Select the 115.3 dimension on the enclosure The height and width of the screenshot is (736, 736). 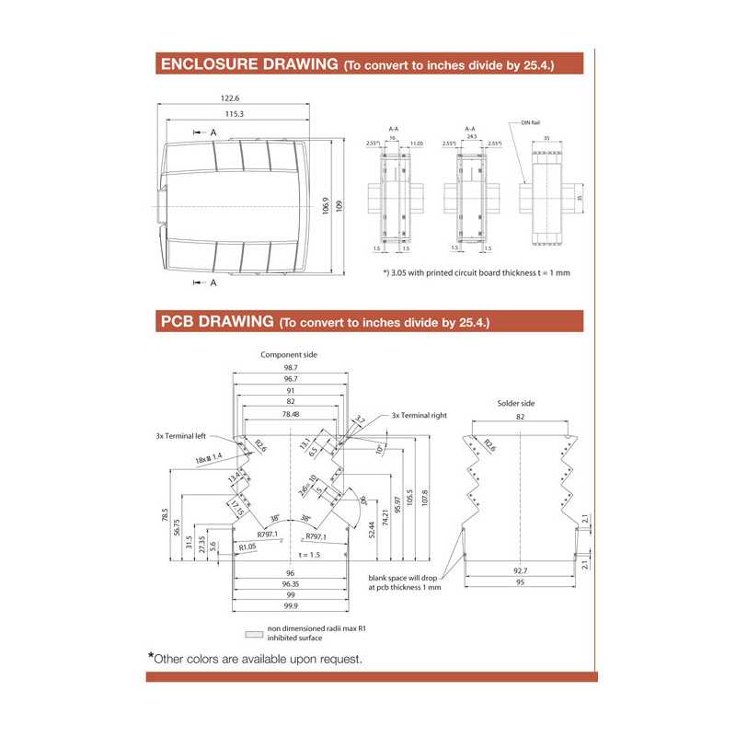click(x=234, y=113)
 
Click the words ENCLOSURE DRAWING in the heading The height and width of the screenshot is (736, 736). click(x=248, y=64)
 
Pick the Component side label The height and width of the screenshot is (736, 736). click(x=289, y=354)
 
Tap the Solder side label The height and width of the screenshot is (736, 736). click(x=515, y=403)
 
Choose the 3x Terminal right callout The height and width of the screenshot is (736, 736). click(x=420, y=416)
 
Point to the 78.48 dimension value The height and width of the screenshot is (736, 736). click(x=290, y=415)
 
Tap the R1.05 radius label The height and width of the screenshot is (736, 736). click(x=247, y=546)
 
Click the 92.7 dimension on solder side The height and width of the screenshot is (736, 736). click(x=520, y=570)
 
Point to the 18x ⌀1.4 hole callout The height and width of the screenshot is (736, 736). click(x=208, y=456)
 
